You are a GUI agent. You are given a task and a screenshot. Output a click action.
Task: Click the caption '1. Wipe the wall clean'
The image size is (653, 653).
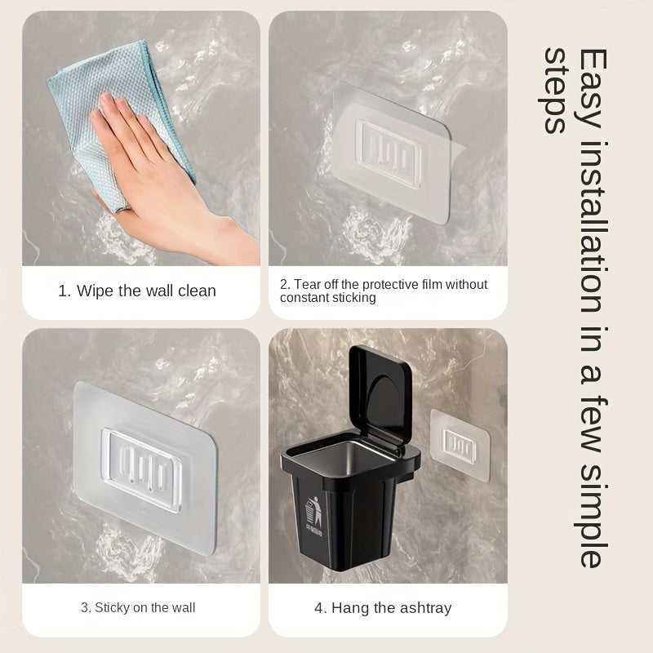137,291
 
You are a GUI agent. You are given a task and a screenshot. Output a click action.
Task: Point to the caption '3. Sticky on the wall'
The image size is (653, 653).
138,607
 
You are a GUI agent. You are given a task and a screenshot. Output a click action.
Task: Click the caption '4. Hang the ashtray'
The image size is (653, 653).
384,607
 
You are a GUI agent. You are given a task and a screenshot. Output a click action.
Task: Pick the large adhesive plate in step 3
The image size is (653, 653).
147,457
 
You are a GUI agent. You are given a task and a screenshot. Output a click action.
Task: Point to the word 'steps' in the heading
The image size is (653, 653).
557,90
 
